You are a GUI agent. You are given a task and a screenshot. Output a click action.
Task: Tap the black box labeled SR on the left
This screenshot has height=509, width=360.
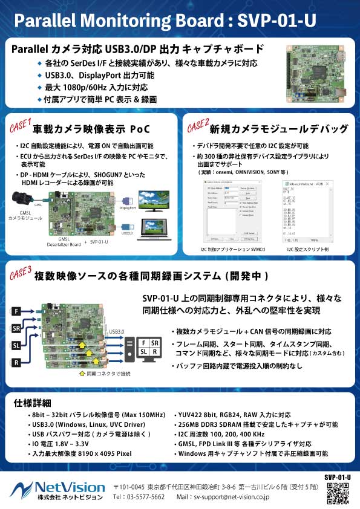[17, 328]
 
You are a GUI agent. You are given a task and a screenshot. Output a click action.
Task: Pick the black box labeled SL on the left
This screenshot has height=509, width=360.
[17, 346]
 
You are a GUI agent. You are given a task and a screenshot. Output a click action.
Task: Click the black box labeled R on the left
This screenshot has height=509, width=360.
[17, 363]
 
